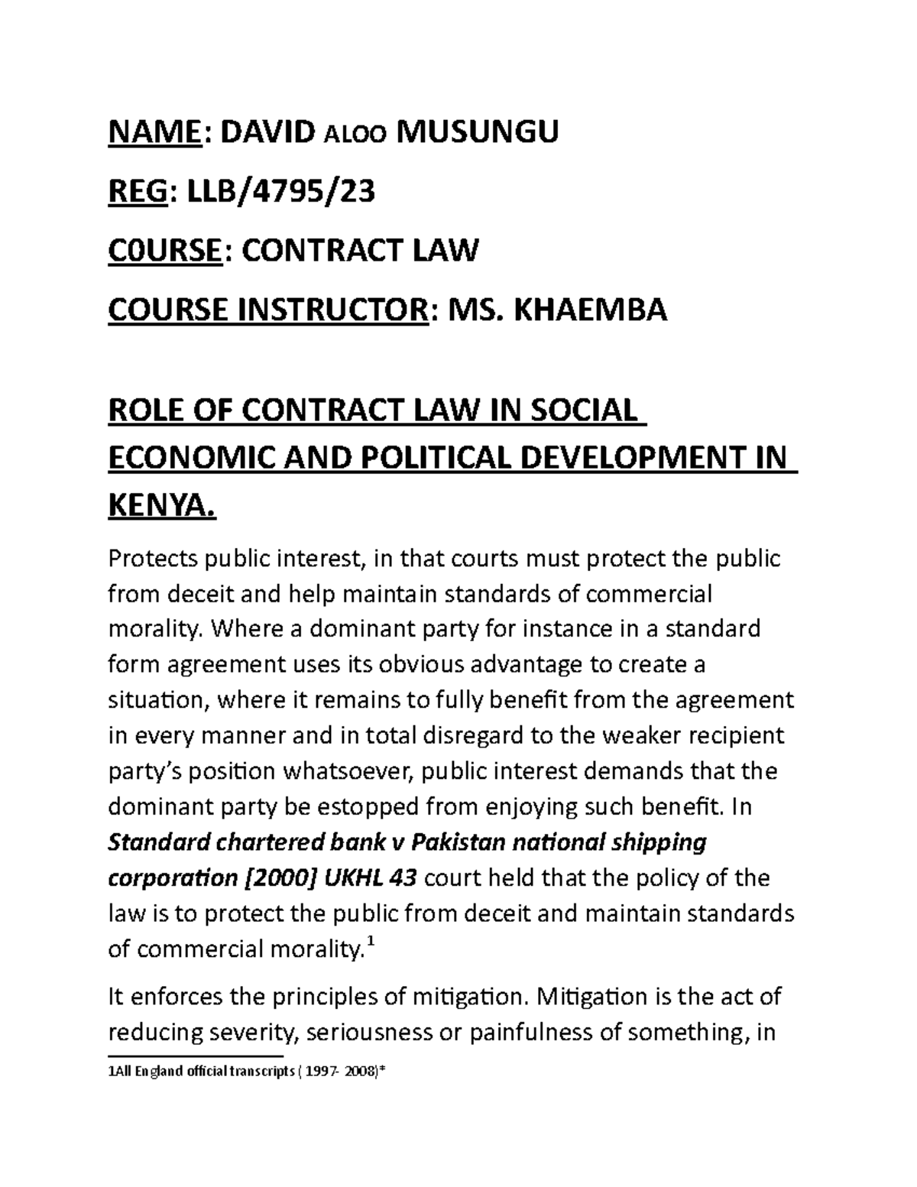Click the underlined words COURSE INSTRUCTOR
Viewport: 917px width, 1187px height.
[266, 310]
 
